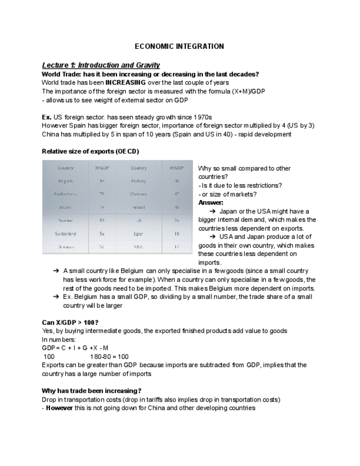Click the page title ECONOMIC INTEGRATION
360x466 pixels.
pyautogui.click(x=179, y=47)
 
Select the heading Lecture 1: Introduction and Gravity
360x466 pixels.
pyautogui.click(x=101, y=65)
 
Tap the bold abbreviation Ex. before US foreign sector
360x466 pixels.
pyautogui.click(x=47, y=118)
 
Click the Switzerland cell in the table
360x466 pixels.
pyautogui.click(x=65, y=234)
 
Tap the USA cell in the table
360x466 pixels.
pyautogui.click(x=139, y=247)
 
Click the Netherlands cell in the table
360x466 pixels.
pyautogui.click(x=65, y=194)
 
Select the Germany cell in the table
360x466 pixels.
pyautogui.click(x=139, y=194)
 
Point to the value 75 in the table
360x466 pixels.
pyautogui.click(x=102, y=194)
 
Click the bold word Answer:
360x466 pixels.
pyautogui.click(x=211, y=203)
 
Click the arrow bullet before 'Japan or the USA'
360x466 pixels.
pyautogui.click(x=212, y=211)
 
